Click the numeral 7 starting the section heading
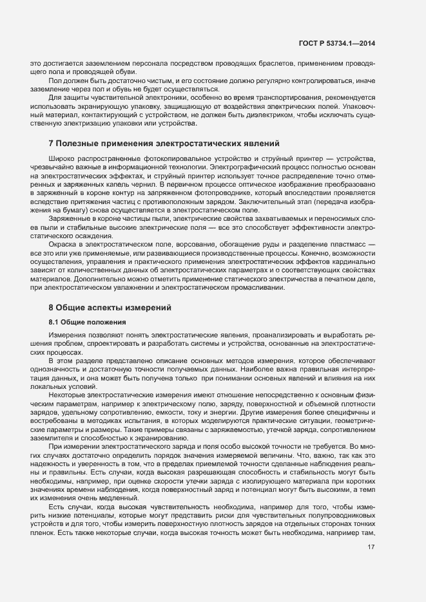[x=52, y=142]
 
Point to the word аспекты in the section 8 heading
[x=110, y=307]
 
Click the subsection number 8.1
[x=55, y=321]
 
